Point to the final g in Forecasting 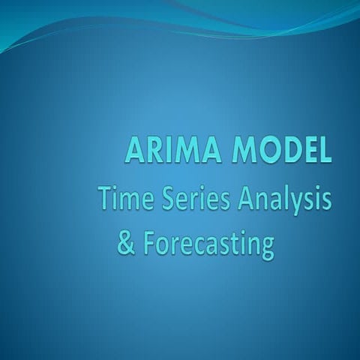tap(266, 249)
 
